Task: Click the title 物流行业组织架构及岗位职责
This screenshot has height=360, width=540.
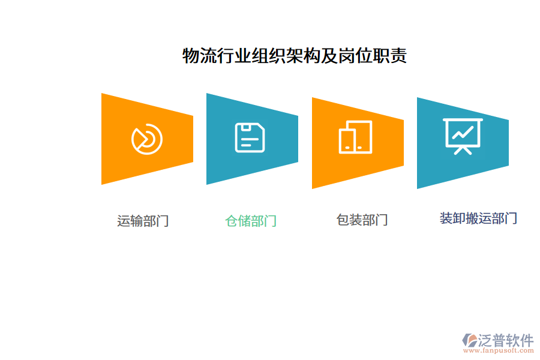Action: coord(295,56)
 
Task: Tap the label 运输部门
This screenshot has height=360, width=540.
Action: coord(143,221)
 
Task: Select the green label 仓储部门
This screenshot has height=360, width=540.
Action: coord(251,221)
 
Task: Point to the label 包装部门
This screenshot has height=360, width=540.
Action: coord(362,220)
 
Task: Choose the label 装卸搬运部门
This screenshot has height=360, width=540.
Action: coord(478,218)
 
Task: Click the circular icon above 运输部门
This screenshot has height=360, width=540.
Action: coord(147,139)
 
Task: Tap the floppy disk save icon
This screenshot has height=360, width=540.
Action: coord(250,137)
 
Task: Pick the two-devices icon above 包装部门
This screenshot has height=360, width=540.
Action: coord(355,137)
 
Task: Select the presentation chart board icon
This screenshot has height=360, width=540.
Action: coord(463,136)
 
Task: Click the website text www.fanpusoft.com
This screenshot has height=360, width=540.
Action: coord(499,350)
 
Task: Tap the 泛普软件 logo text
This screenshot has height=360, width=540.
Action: coord(506,340)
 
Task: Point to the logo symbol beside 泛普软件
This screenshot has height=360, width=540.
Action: coord(470,340)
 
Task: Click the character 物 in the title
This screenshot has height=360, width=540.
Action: coord(191,56)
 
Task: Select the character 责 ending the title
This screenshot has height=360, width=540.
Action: coord(398,56)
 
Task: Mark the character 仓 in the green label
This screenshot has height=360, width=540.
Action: coord(232,221)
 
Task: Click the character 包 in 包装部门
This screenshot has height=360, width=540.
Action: coord(343,220)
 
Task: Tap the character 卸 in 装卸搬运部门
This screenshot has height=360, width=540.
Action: coord(459,218)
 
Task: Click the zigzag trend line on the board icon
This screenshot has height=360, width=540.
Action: coord(463,133)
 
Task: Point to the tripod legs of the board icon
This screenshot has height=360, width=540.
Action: coord(463,151)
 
